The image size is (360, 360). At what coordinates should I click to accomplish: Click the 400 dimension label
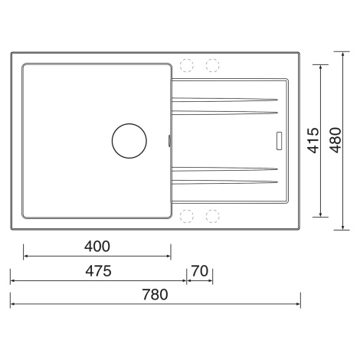(97, 247)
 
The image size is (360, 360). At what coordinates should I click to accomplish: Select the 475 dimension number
(98, 271)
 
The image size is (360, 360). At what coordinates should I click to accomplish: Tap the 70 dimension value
(200, 271)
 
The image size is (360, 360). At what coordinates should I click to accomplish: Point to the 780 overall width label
(155, 294)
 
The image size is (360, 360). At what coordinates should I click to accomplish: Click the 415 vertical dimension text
(313, 140)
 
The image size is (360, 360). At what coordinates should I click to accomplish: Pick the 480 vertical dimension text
(335, 140)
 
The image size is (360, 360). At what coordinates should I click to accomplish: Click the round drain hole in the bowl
(129, 141)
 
